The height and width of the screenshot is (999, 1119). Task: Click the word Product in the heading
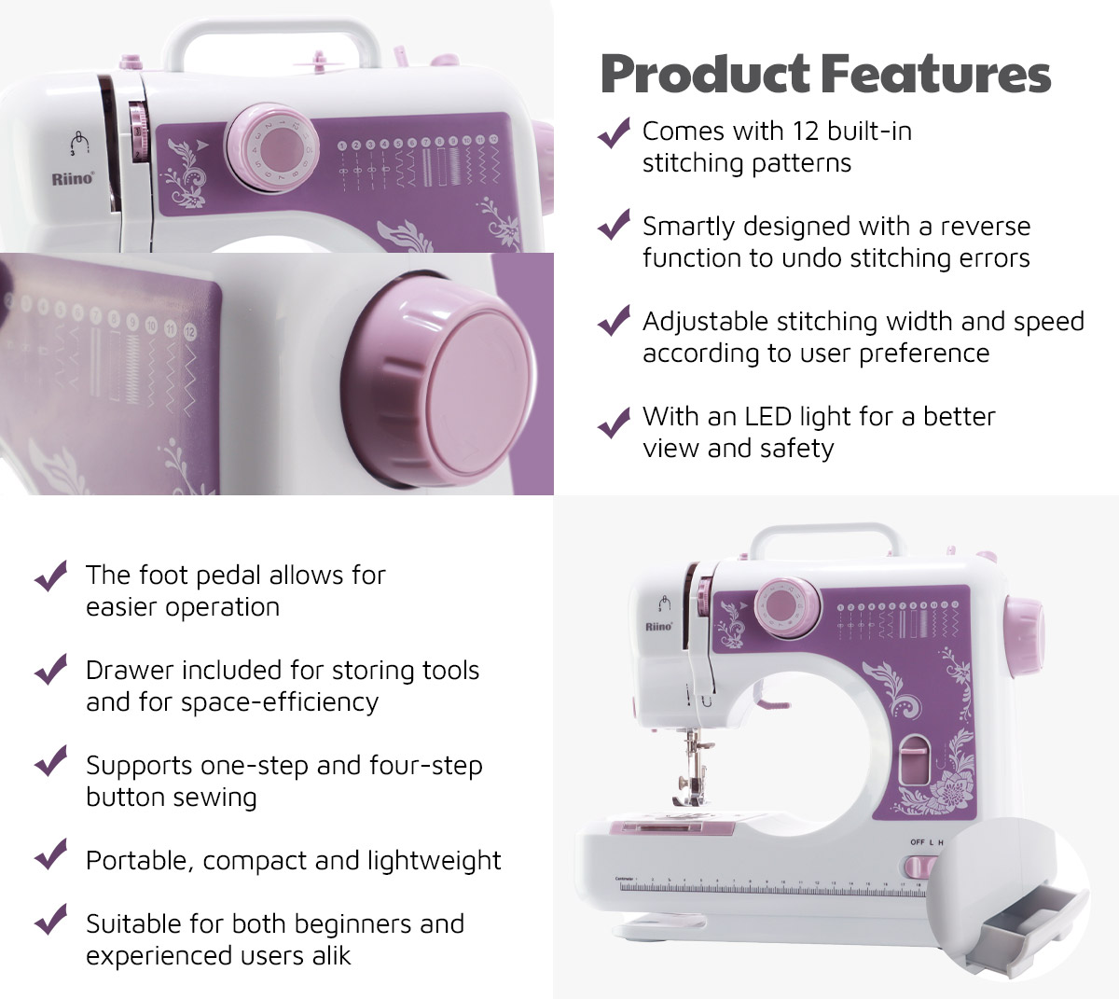705,76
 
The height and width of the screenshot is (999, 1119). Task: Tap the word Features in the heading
936,76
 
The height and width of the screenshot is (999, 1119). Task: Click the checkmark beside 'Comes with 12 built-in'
614,132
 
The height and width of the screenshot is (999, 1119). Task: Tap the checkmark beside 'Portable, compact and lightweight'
50,853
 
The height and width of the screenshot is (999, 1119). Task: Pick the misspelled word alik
331,956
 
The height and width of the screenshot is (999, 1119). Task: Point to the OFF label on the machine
918,842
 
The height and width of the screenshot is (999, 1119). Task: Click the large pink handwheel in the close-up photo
439,381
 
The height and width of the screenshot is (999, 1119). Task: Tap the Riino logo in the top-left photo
73,179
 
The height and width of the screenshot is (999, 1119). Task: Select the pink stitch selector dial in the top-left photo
271,148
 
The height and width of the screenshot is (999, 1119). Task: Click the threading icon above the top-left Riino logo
79,142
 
